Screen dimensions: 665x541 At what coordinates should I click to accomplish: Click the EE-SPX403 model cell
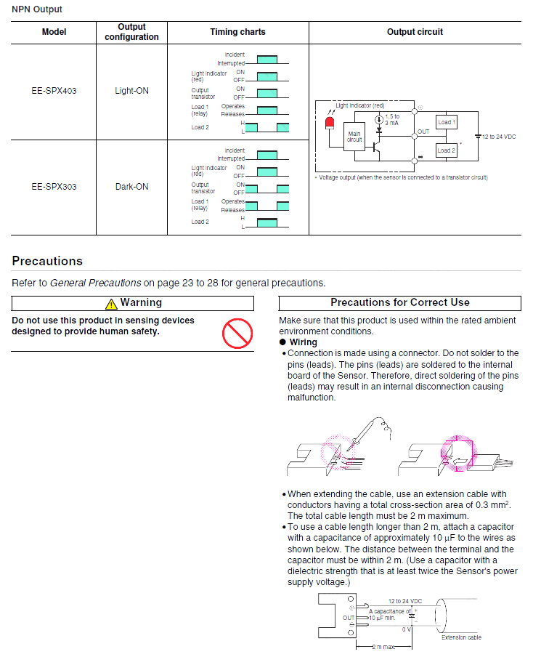coord(54,92)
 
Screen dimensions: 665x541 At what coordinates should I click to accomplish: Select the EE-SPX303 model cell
coord(54,187)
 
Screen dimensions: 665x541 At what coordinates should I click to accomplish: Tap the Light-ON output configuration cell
coord(131,92)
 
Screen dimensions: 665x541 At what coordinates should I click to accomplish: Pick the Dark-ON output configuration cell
coord(131,187)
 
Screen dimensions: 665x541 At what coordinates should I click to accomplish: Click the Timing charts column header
coord(237,32)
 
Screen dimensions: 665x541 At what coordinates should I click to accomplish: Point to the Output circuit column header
coord(415,32)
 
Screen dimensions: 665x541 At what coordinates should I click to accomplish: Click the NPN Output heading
coord(37,9)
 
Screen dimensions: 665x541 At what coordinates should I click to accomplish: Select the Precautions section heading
coord(47,261)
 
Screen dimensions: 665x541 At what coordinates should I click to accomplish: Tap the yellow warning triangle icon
coord(110,304)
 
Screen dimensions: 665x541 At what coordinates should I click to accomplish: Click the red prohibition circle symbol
coord(236,334)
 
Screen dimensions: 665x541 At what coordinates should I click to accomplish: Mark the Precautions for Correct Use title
coord(399,302)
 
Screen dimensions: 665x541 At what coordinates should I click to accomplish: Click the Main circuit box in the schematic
coord(354,137)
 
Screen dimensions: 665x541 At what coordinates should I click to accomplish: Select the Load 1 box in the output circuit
coord(446,122)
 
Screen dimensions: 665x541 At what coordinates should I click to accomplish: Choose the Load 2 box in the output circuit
coord(446,150)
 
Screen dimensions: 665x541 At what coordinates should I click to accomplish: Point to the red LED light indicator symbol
coord(330,123)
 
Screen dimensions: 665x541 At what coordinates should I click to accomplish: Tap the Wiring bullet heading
coord(303,342)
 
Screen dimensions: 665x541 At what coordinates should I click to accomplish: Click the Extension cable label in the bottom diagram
coord(461,637)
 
